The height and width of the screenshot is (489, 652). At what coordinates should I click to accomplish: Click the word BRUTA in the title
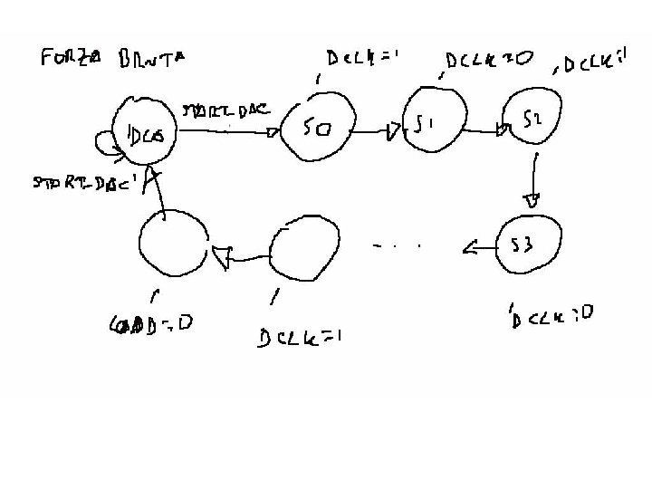tap(150, 60)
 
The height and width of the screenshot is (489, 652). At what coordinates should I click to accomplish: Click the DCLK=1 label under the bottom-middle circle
tap(298, 338)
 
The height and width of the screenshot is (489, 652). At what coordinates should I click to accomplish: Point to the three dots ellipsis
tap(398, 245)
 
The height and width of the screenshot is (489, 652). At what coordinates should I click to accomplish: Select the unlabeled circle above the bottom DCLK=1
tap(303, 248)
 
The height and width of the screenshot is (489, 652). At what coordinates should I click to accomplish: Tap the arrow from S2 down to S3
tap(534, 181)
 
